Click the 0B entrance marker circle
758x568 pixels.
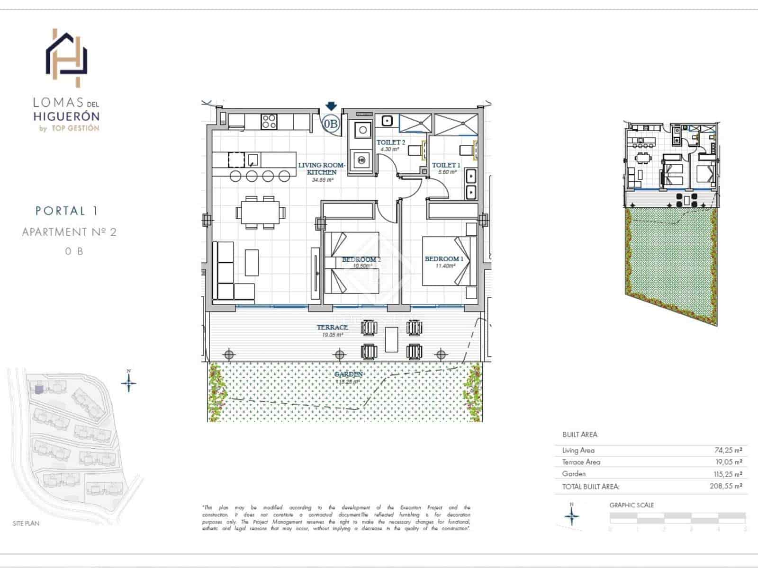pyautogui.click(x=331, y=124)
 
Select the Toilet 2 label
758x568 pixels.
pyautogui.click(x=391, y=142)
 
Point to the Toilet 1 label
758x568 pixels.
pyautogui.click(x=446, y=165)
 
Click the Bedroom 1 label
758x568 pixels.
pyautogui.click(x=444, y=259)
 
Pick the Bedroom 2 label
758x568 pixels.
pyautogui.click(x=361, y=259)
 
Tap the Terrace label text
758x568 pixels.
pyautogui.click(x=333, y=328)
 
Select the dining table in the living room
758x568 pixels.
pyautogui.click(x=261, y=213)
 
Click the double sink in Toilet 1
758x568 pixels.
pyautogui.click(x=471, y=184)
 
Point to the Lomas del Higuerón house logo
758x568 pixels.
pyautogui.click(x=67, y=58)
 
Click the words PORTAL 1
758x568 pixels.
pyautogui.click(x=66, y=211)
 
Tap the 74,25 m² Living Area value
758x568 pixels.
pyautogui.click(x=728, y=451)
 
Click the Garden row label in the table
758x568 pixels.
pyautogui.click(x=574, y=474)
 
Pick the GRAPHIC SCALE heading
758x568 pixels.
pyautogui.click(x=632, y=505)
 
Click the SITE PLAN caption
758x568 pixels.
pyautogui.click(x=26, y=524)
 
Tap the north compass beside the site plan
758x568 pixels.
pyautogui.click(x=129, y=382)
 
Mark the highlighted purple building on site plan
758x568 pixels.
pyautogui.click(x=39, y=389)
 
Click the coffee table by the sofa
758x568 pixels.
pyautogui.click(x=252, y=263)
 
